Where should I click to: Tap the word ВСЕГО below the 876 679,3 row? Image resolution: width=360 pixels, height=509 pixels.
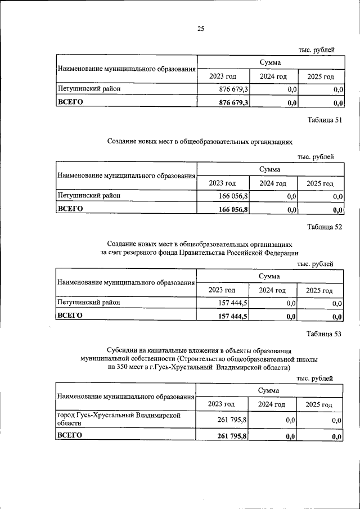pyautogui.click(x=70, y=102)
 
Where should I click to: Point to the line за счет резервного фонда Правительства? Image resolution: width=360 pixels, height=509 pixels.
pyautogui.click(x=200, y=253)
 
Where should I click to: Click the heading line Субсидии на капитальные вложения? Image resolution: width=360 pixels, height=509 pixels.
pyautogui.click(x=200, y=350)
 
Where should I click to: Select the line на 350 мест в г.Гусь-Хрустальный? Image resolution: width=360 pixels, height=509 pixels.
pyautogui.click(x=200, y=368)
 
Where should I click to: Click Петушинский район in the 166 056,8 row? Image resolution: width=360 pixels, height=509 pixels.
pyautogui.click(x=89, y=196)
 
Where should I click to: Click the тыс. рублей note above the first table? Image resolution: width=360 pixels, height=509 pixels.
pyautogui.click(x=316, y=50)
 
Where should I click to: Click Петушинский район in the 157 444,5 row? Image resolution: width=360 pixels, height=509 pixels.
pyautogui.click(x=89, y=303)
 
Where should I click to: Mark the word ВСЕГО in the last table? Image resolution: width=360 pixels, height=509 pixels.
pyautogui.click(x=70, y=435)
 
